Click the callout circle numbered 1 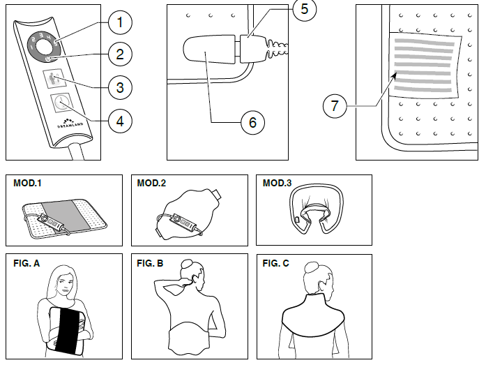(120, 22)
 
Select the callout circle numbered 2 (120, 54)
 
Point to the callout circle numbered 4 (120, 120)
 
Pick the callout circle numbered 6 (252, 122)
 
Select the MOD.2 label (151, 184)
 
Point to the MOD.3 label (277, 184)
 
